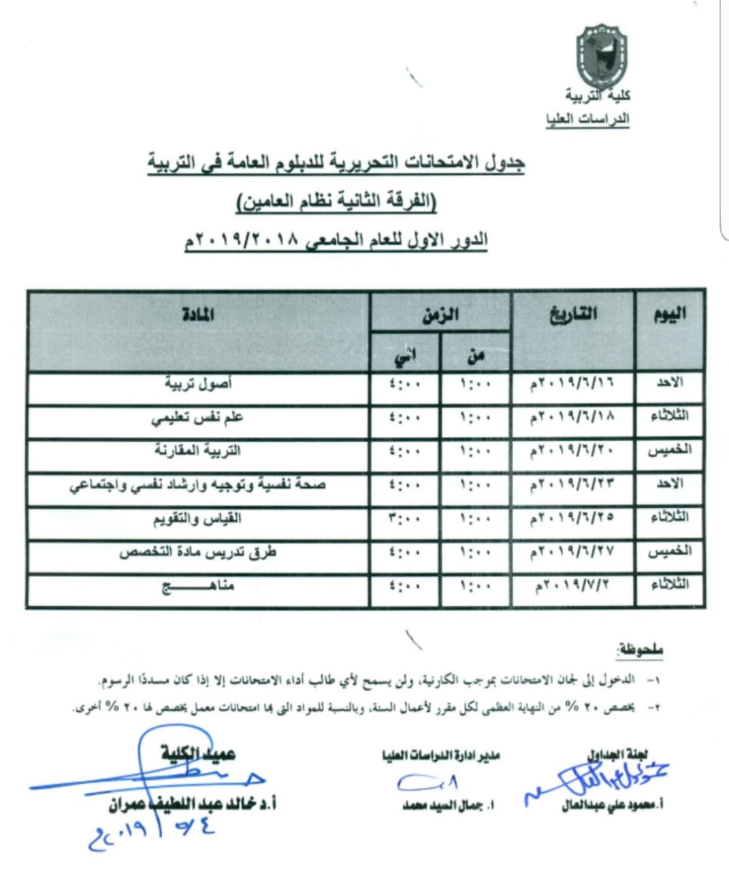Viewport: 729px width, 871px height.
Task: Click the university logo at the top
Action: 602,57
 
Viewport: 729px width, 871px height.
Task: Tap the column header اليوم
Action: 669,314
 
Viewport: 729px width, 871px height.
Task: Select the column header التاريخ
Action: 572,314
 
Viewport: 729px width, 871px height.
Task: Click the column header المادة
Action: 198,314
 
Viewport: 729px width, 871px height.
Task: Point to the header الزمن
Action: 440,315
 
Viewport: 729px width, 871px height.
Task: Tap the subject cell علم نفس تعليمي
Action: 197,417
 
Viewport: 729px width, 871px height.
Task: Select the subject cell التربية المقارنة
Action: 197,450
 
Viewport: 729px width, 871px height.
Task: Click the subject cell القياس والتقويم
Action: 197,519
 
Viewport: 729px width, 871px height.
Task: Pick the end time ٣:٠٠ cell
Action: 404,519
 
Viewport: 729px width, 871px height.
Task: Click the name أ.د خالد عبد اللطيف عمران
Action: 192,804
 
